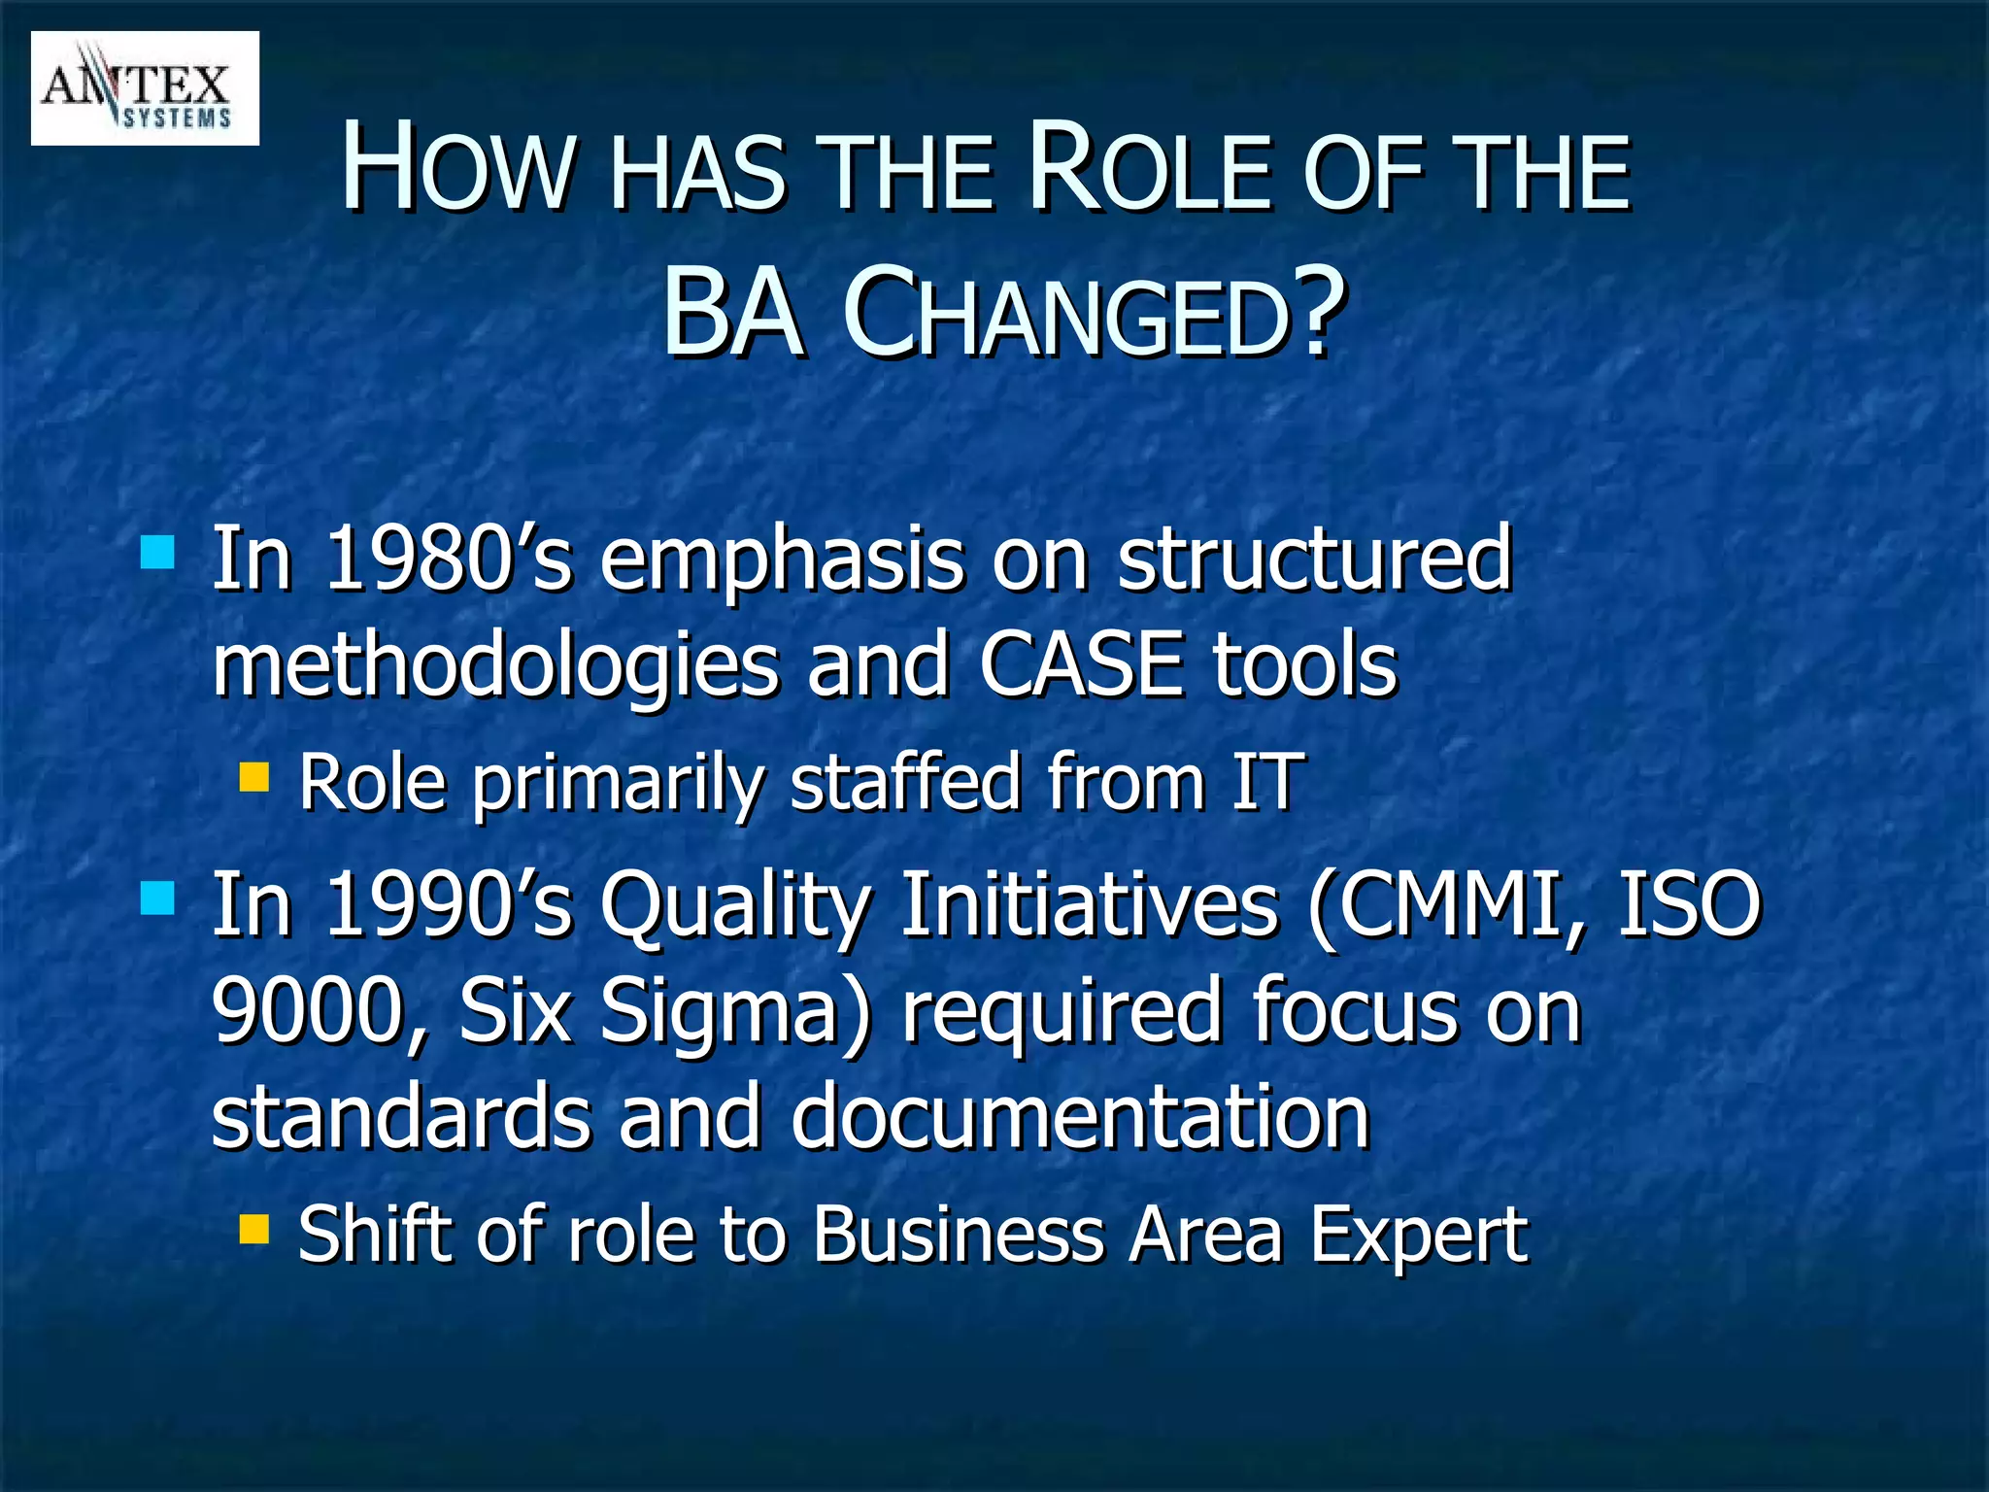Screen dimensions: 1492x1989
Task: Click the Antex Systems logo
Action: tap(145, 88)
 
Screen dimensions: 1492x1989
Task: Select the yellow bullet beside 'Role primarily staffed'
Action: tap(254, 777)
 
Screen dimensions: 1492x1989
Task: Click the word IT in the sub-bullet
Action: tap(1264, 782)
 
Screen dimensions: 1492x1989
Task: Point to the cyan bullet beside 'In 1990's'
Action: tap(157, 899)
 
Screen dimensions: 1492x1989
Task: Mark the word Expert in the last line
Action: tap(1419, 1237)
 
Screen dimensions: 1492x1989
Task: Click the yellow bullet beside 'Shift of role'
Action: tap(254, 1230)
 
